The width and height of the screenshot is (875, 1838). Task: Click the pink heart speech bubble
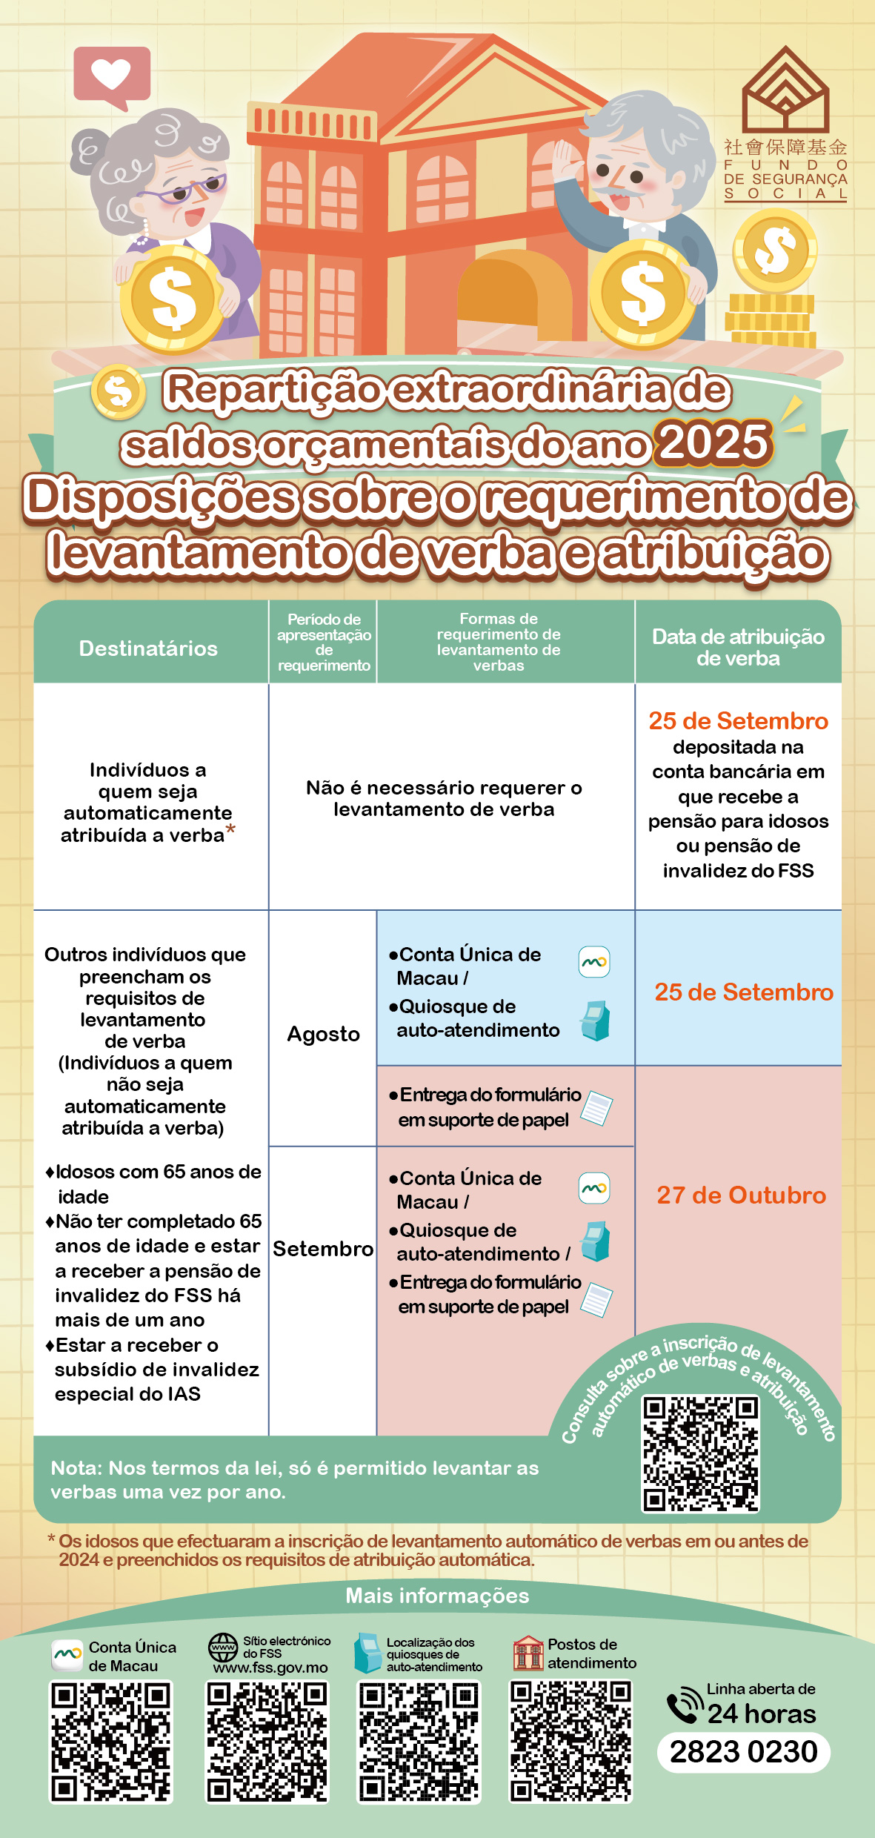[112, 74]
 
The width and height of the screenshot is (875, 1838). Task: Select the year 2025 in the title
[714, 442]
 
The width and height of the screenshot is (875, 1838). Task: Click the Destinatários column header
[148, 648]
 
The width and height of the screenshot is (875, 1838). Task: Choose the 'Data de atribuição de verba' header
[738, 647]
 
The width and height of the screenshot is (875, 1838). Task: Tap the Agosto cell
[323, 1034]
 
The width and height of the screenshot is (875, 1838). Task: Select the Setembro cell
[323, 1249]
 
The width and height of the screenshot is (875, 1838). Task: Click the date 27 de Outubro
[741, 1195]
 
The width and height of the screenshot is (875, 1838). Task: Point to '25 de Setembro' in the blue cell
[743, 992]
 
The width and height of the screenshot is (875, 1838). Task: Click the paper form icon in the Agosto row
[596, 1108]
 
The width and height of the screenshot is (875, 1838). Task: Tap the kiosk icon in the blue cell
[595, 1021]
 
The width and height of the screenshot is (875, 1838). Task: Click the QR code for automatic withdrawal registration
[700, 1453]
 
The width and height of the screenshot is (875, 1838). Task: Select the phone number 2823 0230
[743, 1752]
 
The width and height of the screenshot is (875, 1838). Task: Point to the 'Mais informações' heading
[437, 1596]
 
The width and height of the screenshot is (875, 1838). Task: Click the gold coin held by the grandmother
[172, 298]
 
